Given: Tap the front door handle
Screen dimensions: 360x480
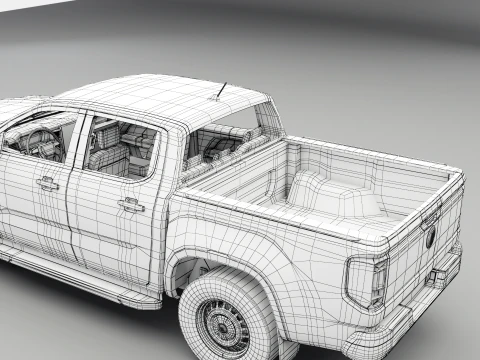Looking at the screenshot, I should pyautogui.click(x=47, y=183).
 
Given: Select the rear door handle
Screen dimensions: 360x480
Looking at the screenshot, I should pyautogui.click(x=131, y=204).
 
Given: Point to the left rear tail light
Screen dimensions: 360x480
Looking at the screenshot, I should pyautogui.click(x=365, y=282).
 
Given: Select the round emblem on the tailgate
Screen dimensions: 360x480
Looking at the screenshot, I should pyautogui.click(x=431, y=238).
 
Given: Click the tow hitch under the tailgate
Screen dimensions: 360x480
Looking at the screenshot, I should pyautogui.click(x=438, y=278).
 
